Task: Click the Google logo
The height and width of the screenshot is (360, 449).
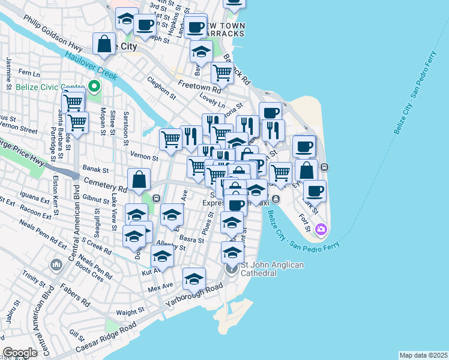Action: (20, 352)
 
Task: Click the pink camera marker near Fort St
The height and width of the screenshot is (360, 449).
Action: (321, 229)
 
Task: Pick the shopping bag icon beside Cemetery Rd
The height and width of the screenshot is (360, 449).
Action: (139, 179)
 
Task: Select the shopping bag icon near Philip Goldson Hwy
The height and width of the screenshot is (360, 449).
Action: (104, 43)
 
